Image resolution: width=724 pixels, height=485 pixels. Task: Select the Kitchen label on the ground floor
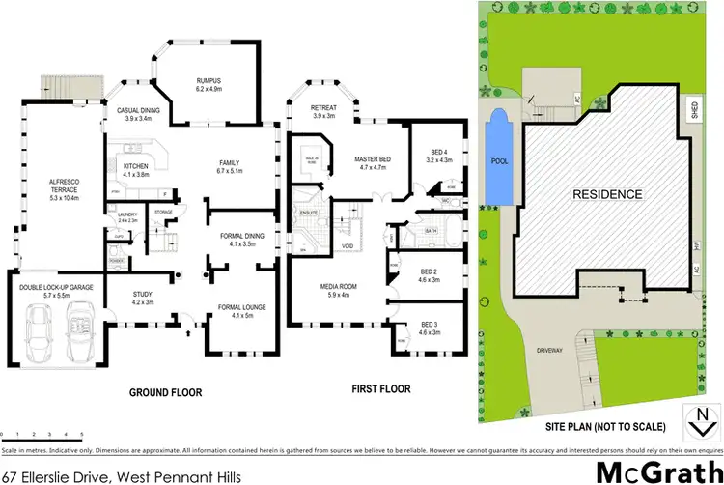click(135, 171)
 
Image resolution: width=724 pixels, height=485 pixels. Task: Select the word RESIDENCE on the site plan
click(607, 194)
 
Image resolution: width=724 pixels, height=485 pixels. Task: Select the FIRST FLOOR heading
click(379, 389)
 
